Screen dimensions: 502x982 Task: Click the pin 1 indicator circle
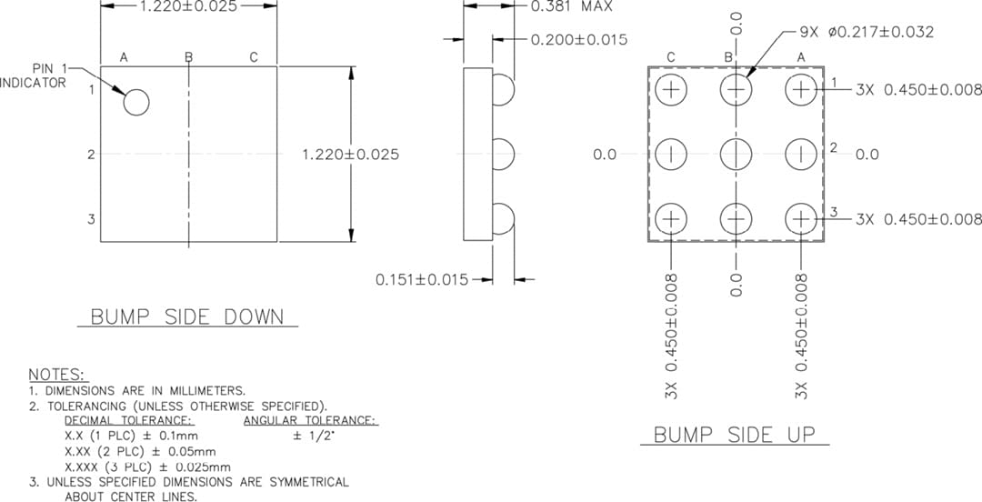pos(135,103)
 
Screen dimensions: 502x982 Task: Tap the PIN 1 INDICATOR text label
pos(36,75)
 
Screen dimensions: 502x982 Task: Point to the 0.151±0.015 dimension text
pos(422,279)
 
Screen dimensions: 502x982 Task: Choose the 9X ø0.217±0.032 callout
pos(867,32)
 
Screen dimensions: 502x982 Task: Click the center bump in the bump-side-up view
pos(735,154)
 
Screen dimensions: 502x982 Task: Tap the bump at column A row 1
pos(801,89)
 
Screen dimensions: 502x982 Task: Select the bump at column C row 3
pos(670,218)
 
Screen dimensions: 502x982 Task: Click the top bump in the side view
pos(503,89)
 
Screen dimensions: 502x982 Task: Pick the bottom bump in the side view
pos(503,218)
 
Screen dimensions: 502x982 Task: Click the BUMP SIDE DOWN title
pos(186,317)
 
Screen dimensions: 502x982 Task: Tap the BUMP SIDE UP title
pos(734,434)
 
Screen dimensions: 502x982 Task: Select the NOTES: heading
pos(57,375)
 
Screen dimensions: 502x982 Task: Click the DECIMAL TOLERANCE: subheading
pos(128,420)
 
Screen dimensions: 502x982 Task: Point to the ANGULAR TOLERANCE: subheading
pos(309,420)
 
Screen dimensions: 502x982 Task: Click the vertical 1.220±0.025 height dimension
pos(350,155)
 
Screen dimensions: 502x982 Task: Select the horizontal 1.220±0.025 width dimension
pos(188,6)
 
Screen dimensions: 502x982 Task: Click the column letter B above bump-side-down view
pos(188,57)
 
